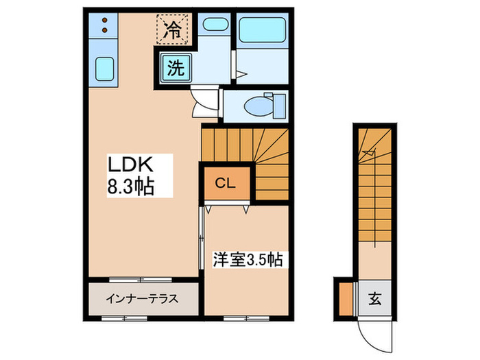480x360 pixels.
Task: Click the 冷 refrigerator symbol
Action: point(174,30)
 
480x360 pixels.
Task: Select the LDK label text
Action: point(132,165)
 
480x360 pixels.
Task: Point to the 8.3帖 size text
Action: point(130,184)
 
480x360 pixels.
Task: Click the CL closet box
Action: point(226,183)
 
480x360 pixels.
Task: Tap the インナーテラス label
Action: point(142,299)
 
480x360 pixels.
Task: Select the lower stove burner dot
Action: point(104,30)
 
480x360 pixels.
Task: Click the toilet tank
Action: point(280,106)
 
